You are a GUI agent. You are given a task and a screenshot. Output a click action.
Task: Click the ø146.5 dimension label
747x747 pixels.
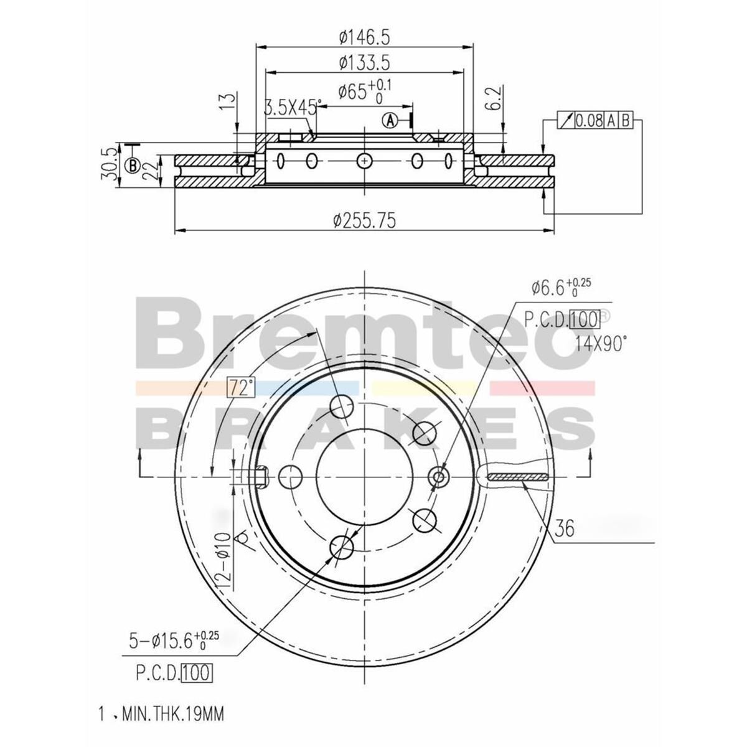click(364, 38)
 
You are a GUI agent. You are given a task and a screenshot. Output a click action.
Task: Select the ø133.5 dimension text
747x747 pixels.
click(364, 62)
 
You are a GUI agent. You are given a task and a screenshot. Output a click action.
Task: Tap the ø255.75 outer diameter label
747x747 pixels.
click(365, 220)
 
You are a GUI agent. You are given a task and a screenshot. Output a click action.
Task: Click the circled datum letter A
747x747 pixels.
click(390, 120)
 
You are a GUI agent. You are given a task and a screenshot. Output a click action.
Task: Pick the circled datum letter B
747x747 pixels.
click(132, 166)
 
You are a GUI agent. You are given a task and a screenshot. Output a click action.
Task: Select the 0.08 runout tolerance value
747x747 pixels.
click(588, 121)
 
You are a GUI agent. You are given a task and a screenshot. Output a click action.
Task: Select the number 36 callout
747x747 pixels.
click(564, 529)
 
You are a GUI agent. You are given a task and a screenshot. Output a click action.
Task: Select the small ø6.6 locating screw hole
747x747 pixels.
click(439, 477)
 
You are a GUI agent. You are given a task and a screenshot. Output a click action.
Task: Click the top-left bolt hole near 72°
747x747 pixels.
click(342, 407)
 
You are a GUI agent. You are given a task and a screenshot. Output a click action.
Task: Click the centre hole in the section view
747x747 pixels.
click(364, 161)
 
